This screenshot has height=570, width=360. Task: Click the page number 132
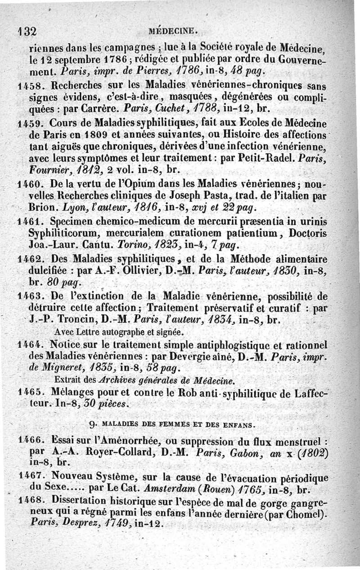(x=27, y=31)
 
